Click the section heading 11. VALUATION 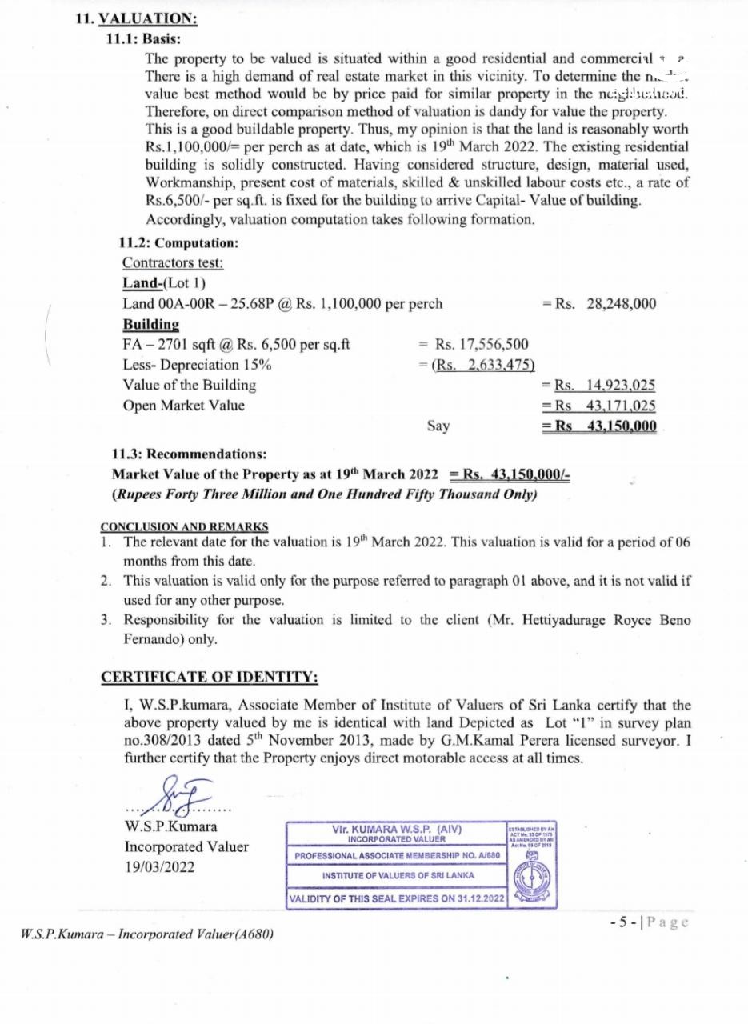[136, 18]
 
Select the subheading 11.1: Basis [142, 38]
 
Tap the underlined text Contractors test [173, 262]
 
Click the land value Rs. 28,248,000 [599, 304]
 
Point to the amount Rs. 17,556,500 [473, 345]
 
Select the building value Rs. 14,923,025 [599, 386]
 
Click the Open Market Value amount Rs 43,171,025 [599, 406]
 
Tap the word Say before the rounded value [438, 426]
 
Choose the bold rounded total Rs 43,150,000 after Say [599, 426]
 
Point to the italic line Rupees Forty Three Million [325, 494]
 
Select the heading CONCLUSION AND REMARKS [185, 526]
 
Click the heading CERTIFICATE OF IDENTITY [210, 678]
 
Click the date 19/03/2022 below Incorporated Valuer [160, 867]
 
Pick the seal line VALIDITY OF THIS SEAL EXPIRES [397, 898]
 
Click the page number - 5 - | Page [647, 922]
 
